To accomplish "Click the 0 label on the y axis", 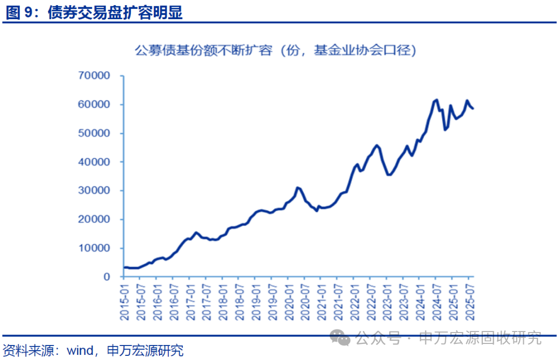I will [107, 277].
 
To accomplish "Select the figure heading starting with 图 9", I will [94, 12].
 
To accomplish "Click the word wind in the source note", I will [79, 351].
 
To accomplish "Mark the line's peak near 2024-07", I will [436, 100].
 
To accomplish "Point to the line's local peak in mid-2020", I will [298, 188].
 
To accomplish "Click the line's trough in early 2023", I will [389, 175].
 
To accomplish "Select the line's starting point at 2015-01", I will [124, 267].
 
